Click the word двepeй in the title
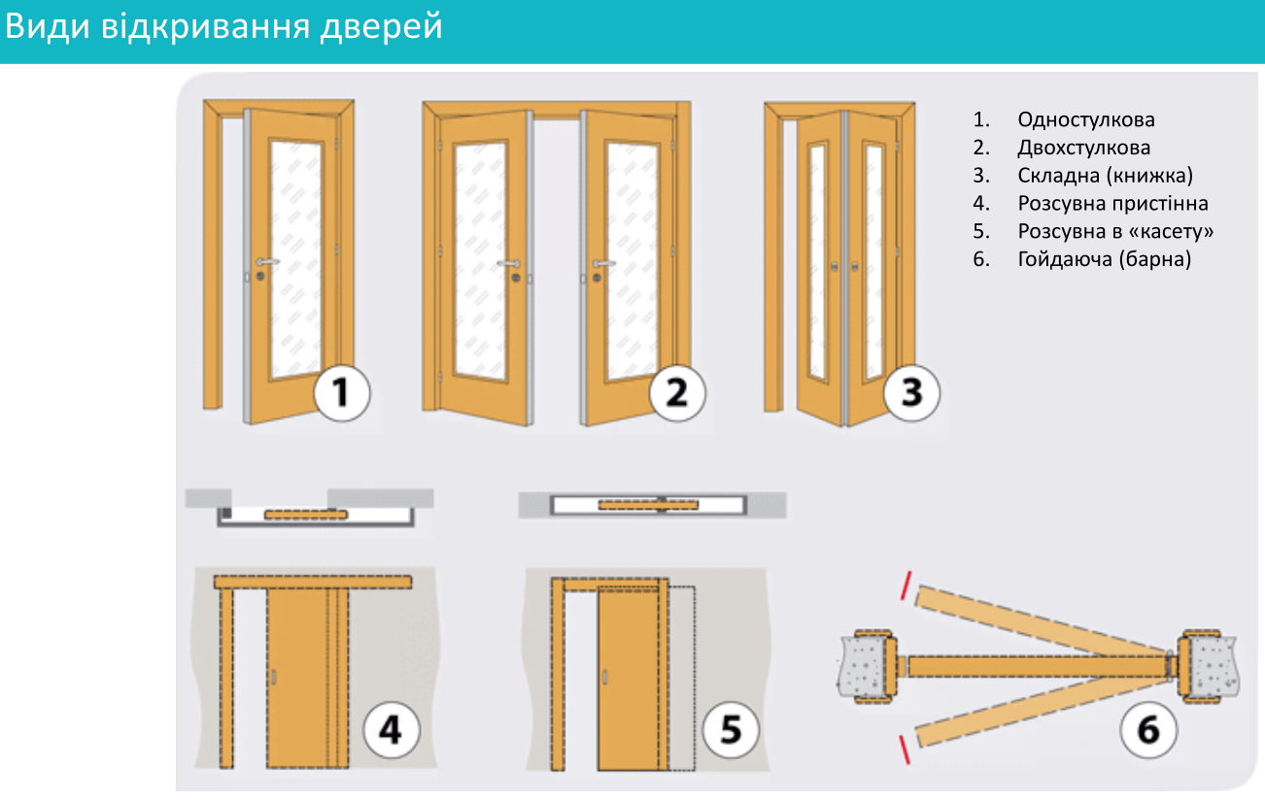coord(382,27)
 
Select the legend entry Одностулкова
coord(1086,119)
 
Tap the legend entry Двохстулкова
coord(1083,148)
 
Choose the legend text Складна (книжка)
coord(1106,176)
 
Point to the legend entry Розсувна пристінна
coord(1112,203)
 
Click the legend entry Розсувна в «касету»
coord(1115,231)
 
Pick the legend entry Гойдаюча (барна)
coord(1104,259)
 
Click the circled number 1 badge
coord(342,392)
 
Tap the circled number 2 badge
coord(677,392)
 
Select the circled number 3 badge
coord(911,392)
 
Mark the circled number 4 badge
coord(391,730)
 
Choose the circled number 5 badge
coord(731,729)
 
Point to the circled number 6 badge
coord(1148,730)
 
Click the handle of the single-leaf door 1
coord(266,262)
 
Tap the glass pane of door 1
coord(295,259)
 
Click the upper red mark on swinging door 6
coord(906,585)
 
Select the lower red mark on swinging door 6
coord(905,750)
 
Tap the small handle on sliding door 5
coord(605,677)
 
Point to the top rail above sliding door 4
coord(313,582)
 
